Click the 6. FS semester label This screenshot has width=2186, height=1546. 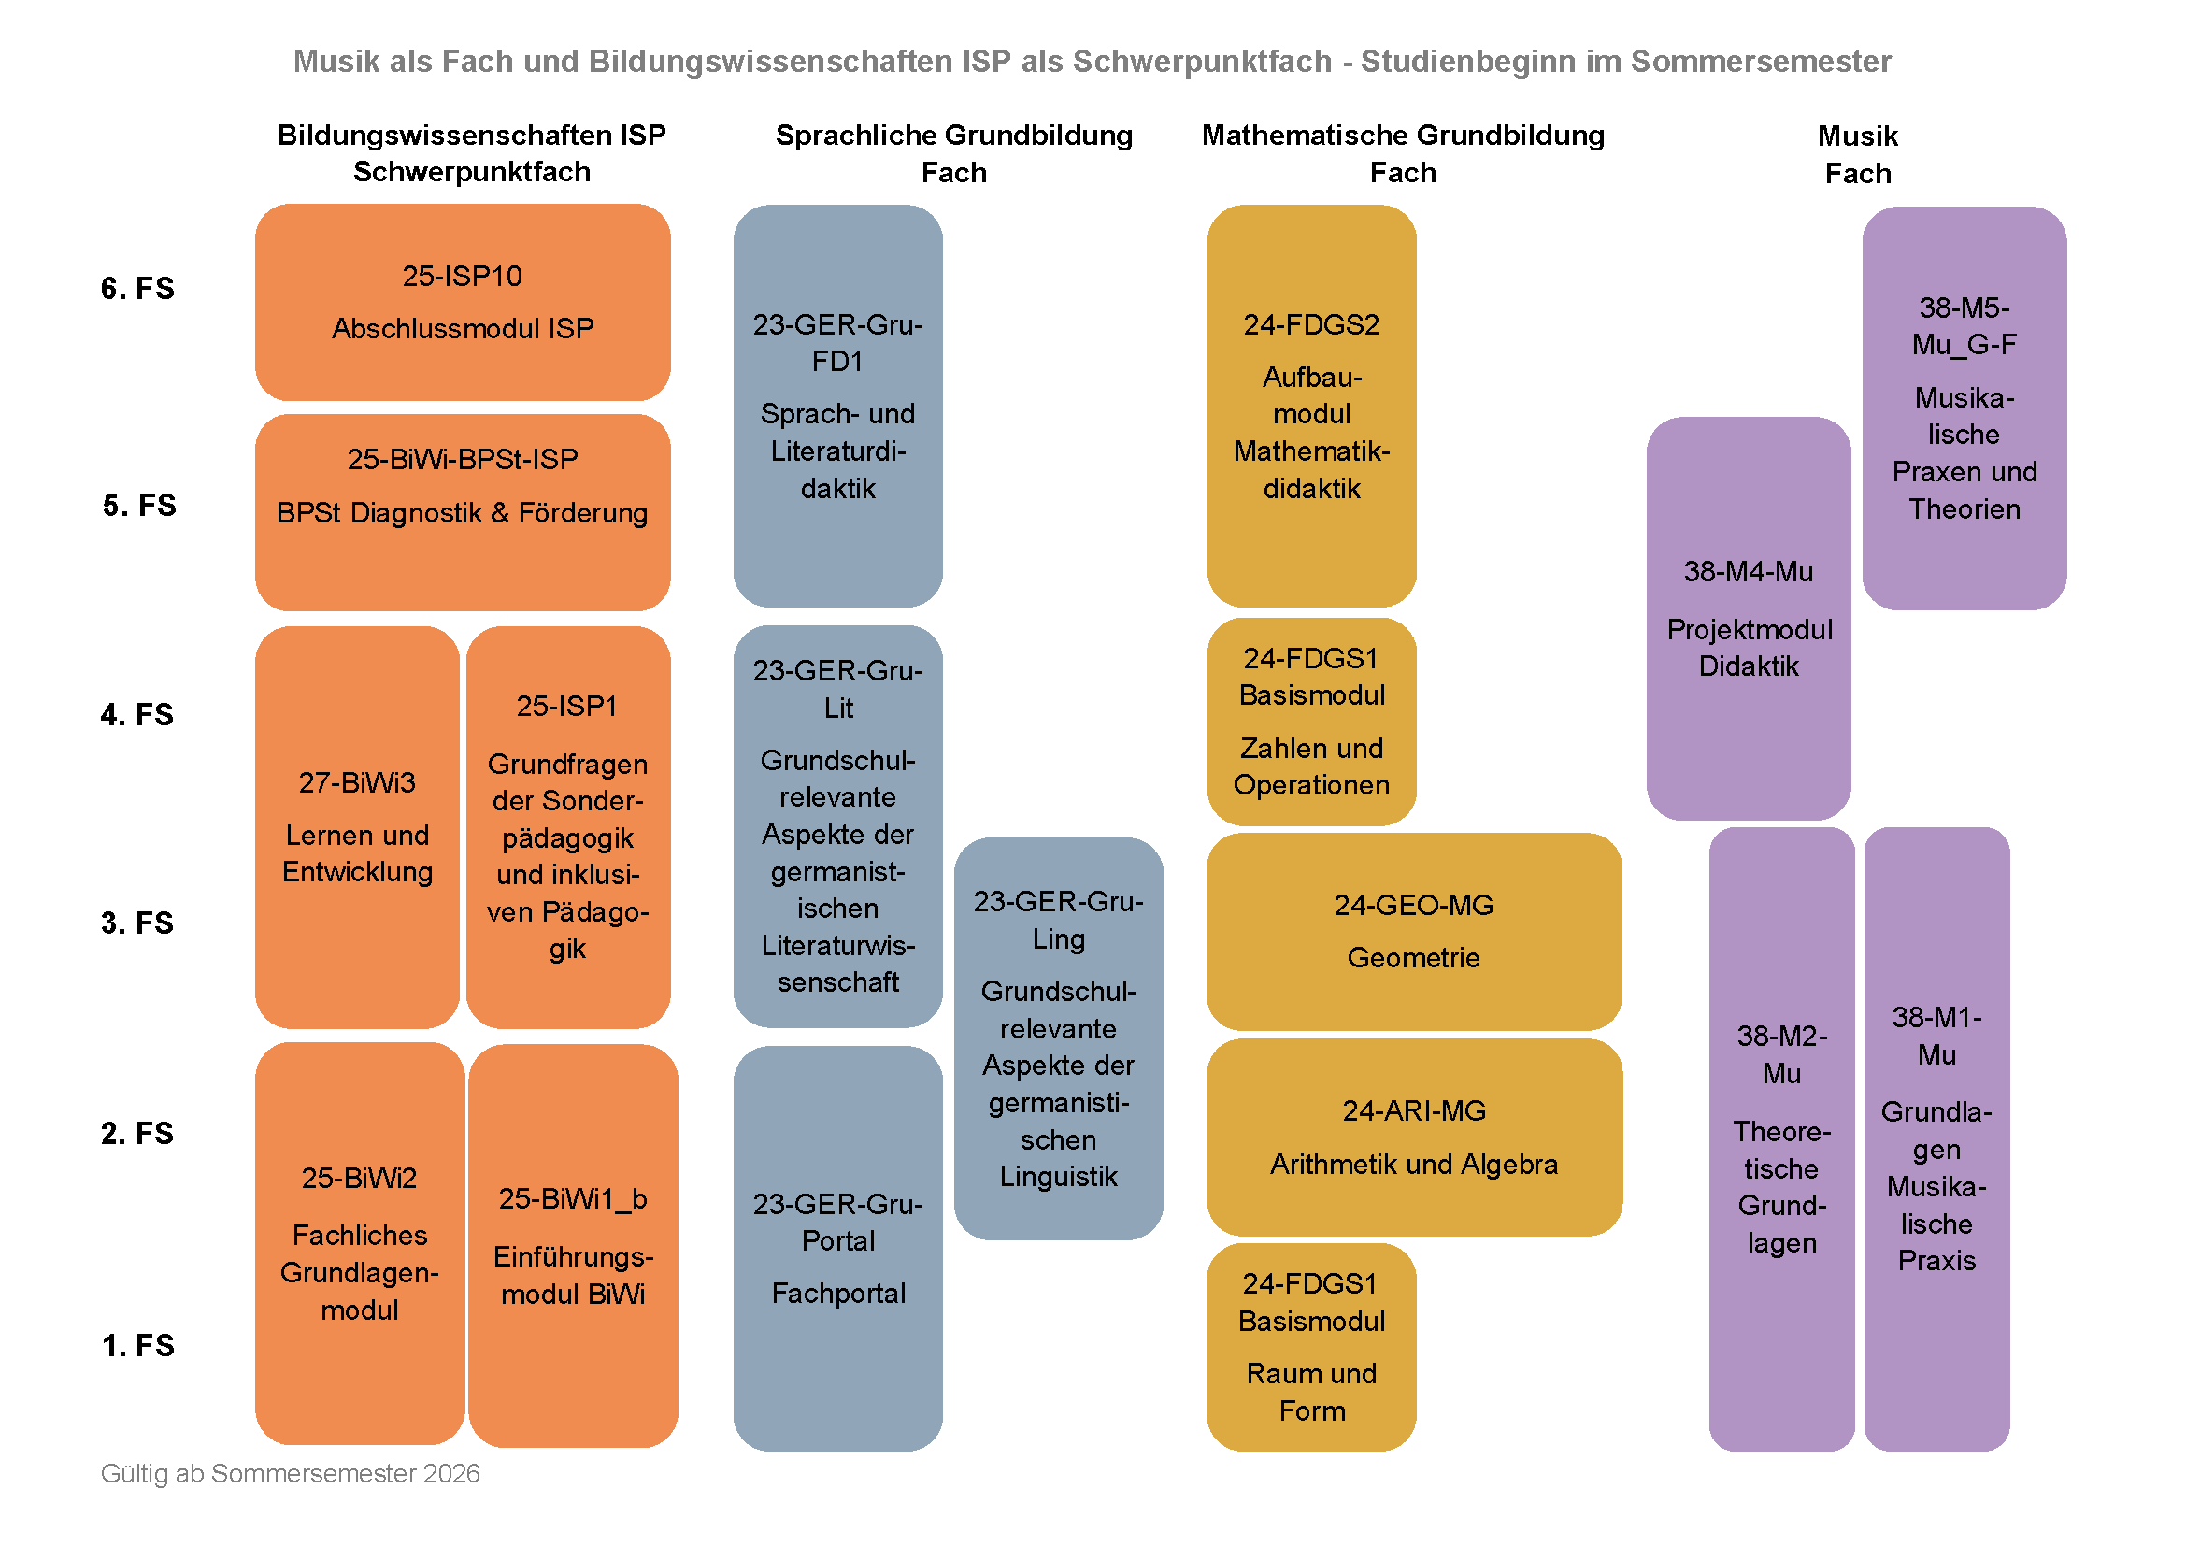[x=137, y=289]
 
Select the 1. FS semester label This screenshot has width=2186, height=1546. [x=137, y=1345]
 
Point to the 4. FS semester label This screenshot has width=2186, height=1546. [x=137, y=714]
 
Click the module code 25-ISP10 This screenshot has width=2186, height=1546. [x=462, y=276]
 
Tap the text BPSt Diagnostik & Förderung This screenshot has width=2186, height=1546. [x=462, y=513]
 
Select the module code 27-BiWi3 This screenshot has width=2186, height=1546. [x=357, y=782]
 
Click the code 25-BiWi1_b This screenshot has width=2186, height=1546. [x=572, y=1198]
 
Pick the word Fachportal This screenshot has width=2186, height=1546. [x=837, y=1293]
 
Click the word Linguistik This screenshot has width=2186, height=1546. [x=1058, y=1177]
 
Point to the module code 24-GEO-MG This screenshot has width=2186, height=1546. [x=1413, y=906]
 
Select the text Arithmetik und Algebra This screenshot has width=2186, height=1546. [x=1413, y=1165]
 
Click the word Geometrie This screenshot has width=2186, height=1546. [x=1413, y=958]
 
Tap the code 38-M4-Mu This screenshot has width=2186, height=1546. [x=1748, y=571]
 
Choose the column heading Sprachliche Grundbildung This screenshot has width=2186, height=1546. [x=954, y=136]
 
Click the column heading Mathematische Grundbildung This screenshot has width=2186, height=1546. [x=1403, y=136]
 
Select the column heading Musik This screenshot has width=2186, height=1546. [x=1857, y=136]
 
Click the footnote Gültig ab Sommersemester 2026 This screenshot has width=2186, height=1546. [x=291, y=1474]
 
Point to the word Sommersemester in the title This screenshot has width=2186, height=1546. [x=1761, y=61]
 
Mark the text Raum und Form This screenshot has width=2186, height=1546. [x=1311, y=1392]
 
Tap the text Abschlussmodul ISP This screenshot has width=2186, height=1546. [x=462, y=328]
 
